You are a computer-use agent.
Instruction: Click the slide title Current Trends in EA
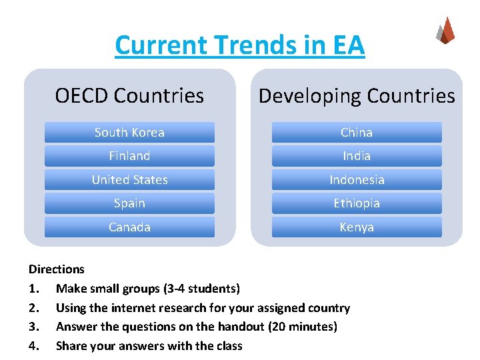pyautogui.click(x=240, y=45)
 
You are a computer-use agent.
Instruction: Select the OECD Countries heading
pyautogui.click(x=129, y=96)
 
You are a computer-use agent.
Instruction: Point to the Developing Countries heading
pyautogui.click(x=357, y=96)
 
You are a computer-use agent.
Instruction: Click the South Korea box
pyautogui.click(x=129, y=132)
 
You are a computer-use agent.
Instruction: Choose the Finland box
pyautogui.click(x=129, y=156)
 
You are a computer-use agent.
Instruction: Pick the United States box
pyautogui.click(x=129, y=179)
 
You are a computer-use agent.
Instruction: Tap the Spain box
pyautogui.click(x=129, y=203)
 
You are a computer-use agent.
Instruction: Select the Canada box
pyautogui.click(x=129, y=227)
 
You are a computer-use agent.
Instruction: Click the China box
pyautogui.click(x=357, y=132)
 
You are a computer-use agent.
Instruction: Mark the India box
pyautogui.click(x=357, y=156)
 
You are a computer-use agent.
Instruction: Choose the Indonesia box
pyautogui.click(x=357, y=179)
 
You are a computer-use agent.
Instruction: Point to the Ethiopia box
pyautogui.click(x=357, y=203)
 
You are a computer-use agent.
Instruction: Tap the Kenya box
pyautogui.click(x=357, y=227)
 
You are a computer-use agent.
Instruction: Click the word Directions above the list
pyautogui.click(x=57, y=269)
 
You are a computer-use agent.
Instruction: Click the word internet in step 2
pyautogui.click(x=139, y=308)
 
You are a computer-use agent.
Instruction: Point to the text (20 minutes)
pyautogui.click(x=304, y=327)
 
